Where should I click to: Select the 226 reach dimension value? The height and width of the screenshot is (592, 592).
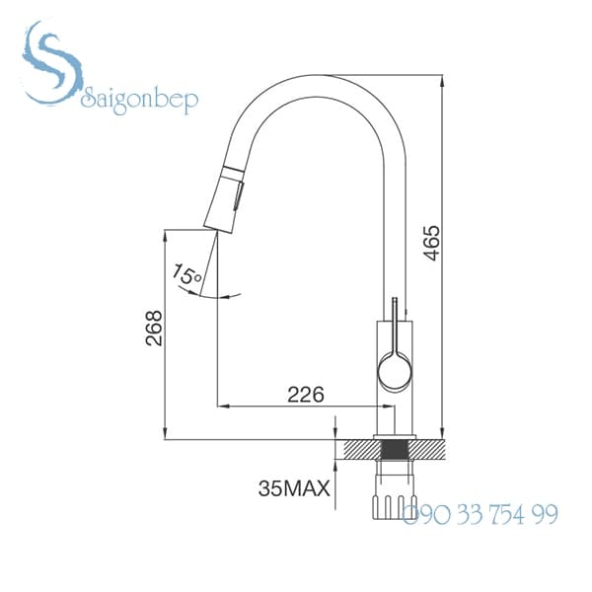305,394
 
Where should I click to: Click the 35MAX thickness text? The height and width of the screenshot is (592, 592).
293,487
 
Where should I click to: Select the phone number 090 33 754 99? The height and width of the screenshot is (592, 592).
481,514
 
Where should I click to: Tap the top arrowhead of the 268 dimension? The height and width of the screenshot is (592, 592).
165,232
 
